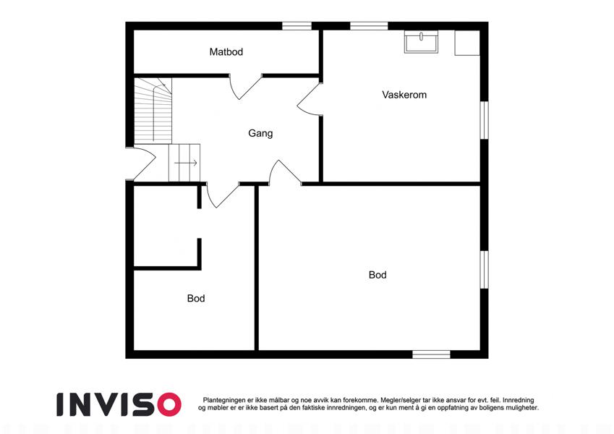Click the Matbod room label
[226, 51]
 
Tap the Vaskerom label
[404, 95]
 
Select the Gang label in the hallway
[260, 133]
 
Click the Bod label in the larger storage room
[378, 275]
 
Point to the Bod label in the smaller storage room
[196, 298]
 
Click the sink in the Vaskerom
[422, 43]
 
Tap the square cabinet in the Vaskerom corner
[467, 43]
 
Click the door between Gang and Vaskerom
[310, 100]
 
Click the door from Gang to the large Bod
[284, 172]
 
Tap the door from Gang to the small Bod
[222, 195]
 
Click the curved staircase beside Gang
[153, 111]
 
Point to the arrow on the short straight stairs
[186, 163]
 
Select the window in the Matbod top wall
[297, 26]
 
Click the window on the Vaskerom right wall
[485, 120]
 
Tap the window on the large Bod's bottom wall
[431, 354]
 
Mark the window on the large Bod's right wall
[485, 270]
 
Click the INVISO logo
[119, 404]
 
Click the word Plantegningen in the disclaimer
[224, 400]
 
